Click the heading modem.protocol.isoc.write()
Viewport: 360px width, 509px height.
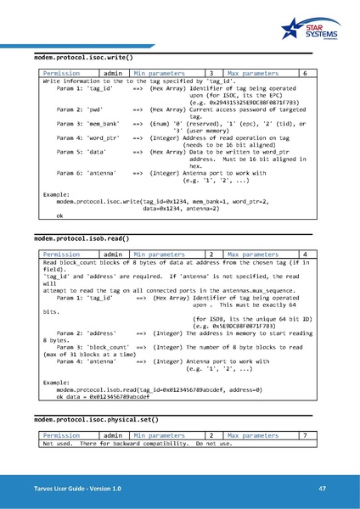(82, 57)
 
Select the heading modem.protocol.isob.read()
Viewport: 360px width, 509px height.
(81, 239)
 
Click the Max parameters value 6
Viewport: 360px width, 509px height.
(305, 74)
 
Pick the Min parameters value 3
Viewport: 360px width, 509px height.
(211, 74)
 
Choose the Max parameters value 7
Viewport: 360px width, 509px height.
(305, 435)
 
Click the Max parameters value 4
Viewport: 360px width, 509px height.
(305, 255)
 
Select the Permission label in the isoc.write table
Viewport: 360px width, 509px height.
(61, 74)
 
